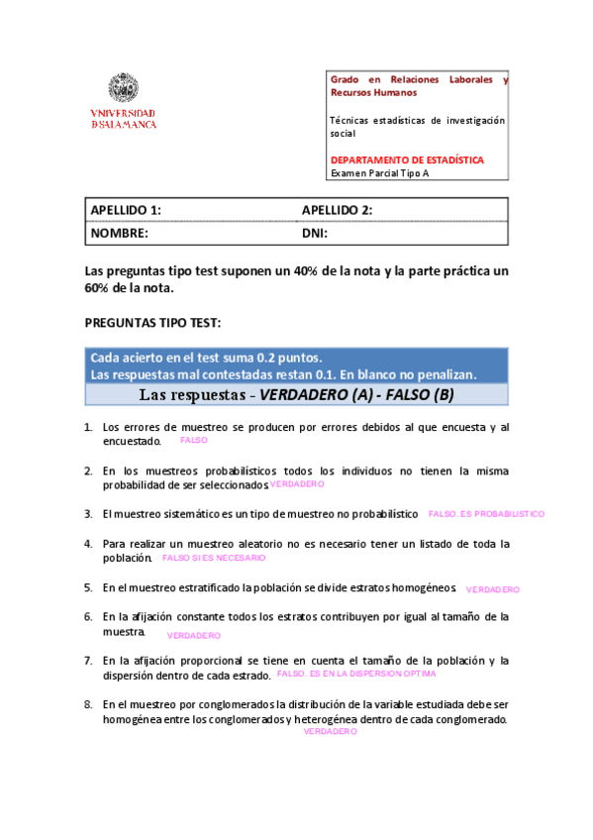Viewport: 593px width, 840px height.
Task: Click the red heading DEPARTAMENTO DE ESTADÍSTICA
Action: (407, 158)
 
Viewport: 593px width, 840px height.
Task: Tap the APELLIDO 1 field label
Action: (126, 210)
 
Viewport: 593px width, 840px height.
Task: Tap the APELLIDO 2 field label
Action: (337, 210)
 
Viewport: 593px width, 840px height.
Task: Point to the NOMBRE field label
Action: (120, 234)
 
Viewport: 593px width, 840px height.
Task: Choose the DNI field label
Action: (315, 234)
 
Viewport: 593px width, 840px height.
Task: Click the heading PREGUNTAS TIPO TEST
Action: (153, 323)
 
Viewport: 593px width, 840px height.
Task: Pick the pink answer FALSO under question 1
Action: (194, 440)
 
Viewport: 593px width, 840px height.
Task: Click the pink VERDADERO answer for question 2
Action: (297, 484)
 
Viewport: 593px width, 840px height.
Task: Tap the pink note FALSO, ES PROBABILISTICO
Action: (486, 514)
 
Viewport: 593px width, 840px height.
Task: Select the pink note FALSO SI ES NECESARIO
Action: (214, 558)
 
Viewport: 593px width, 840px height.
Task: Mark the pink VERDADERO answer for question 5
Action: (492, 589)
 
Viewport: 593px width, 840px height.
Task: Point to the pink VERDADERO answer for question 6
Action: (194, 635)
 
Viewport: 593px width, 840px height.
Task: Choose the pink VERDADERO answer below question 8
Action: (330, 730)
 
